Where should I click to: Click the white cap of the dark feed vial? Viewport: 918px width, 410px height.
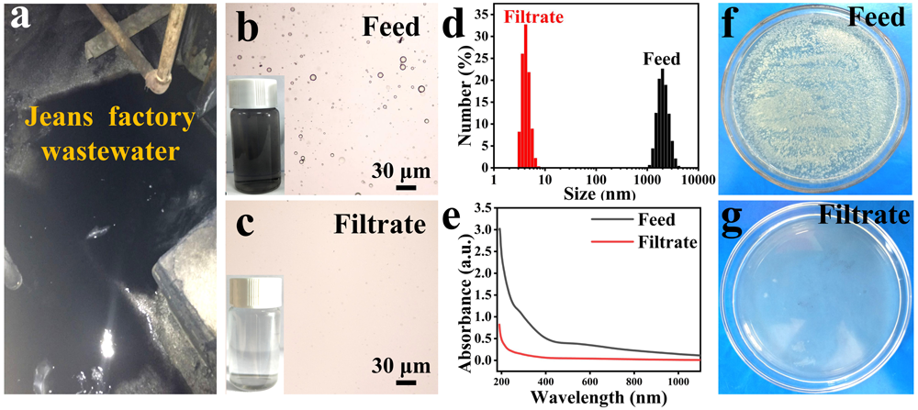[254, 87]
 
